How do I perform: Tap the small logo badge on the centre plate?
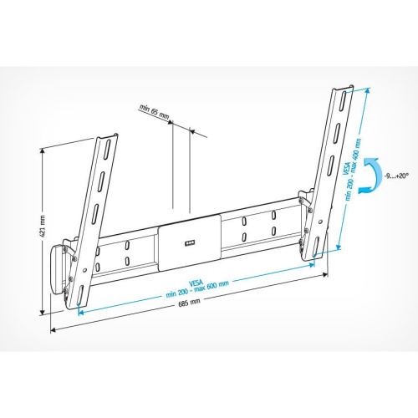point(188,242)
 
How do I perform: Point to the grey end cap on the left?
point(61,268)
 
